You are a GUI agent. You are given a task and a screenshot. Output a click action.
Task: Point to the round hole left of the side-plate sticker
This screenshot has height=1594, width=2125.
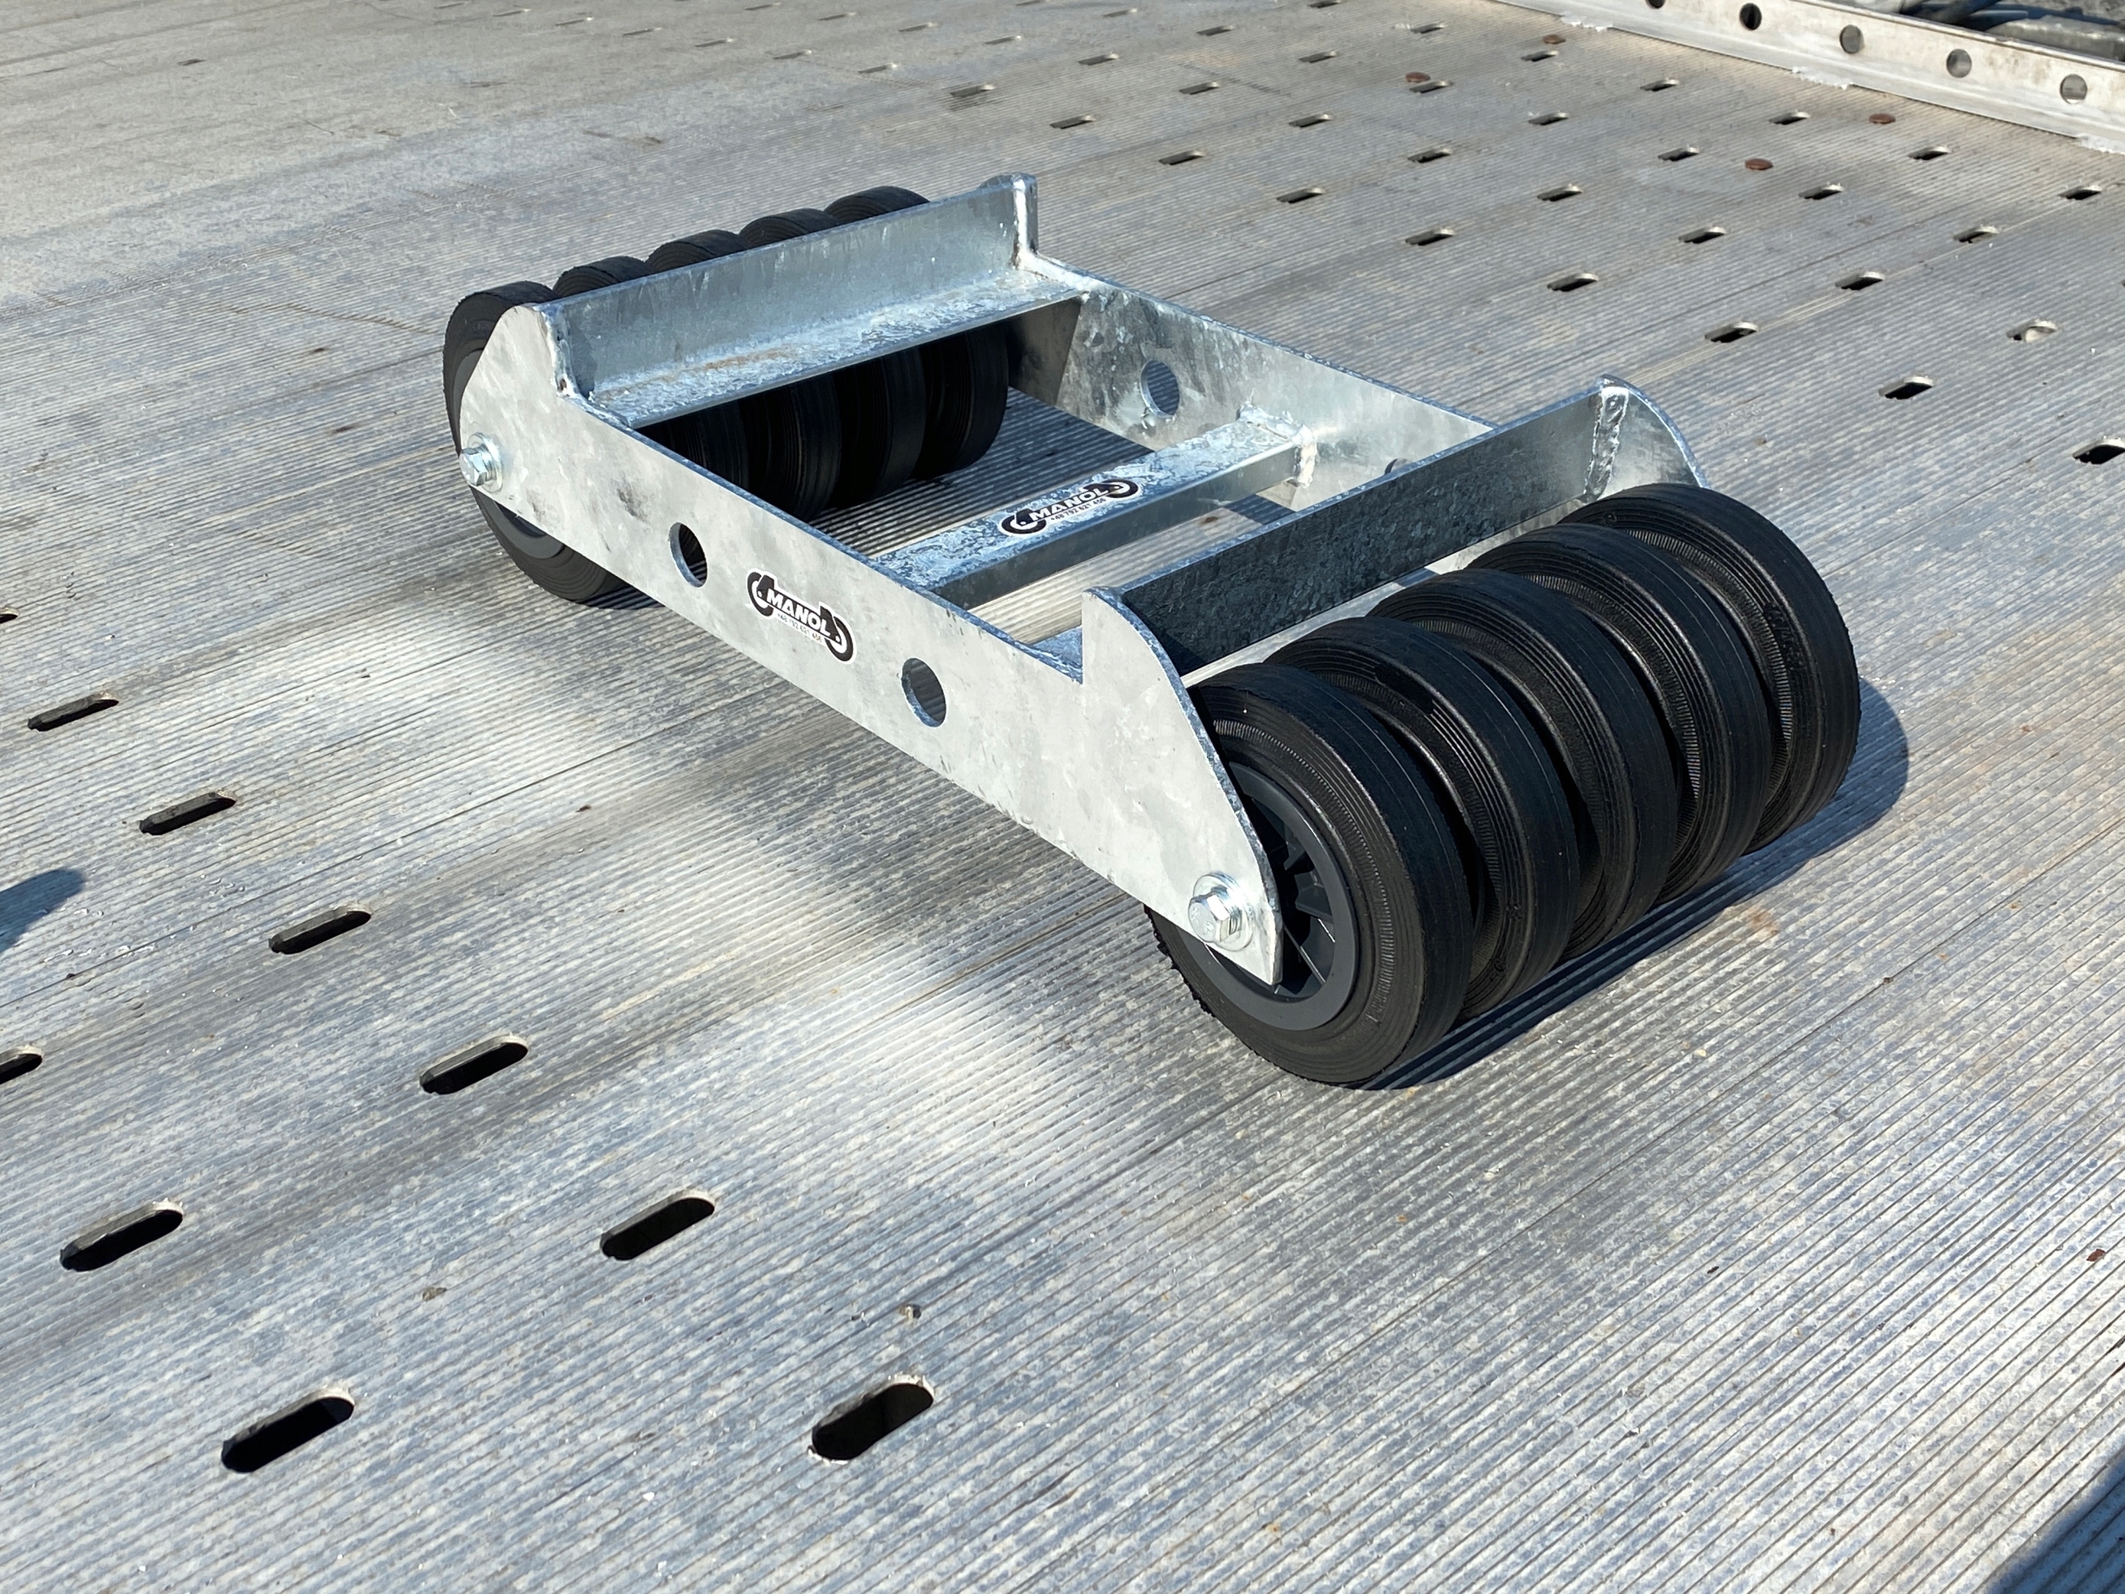(x=688, y=552)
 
